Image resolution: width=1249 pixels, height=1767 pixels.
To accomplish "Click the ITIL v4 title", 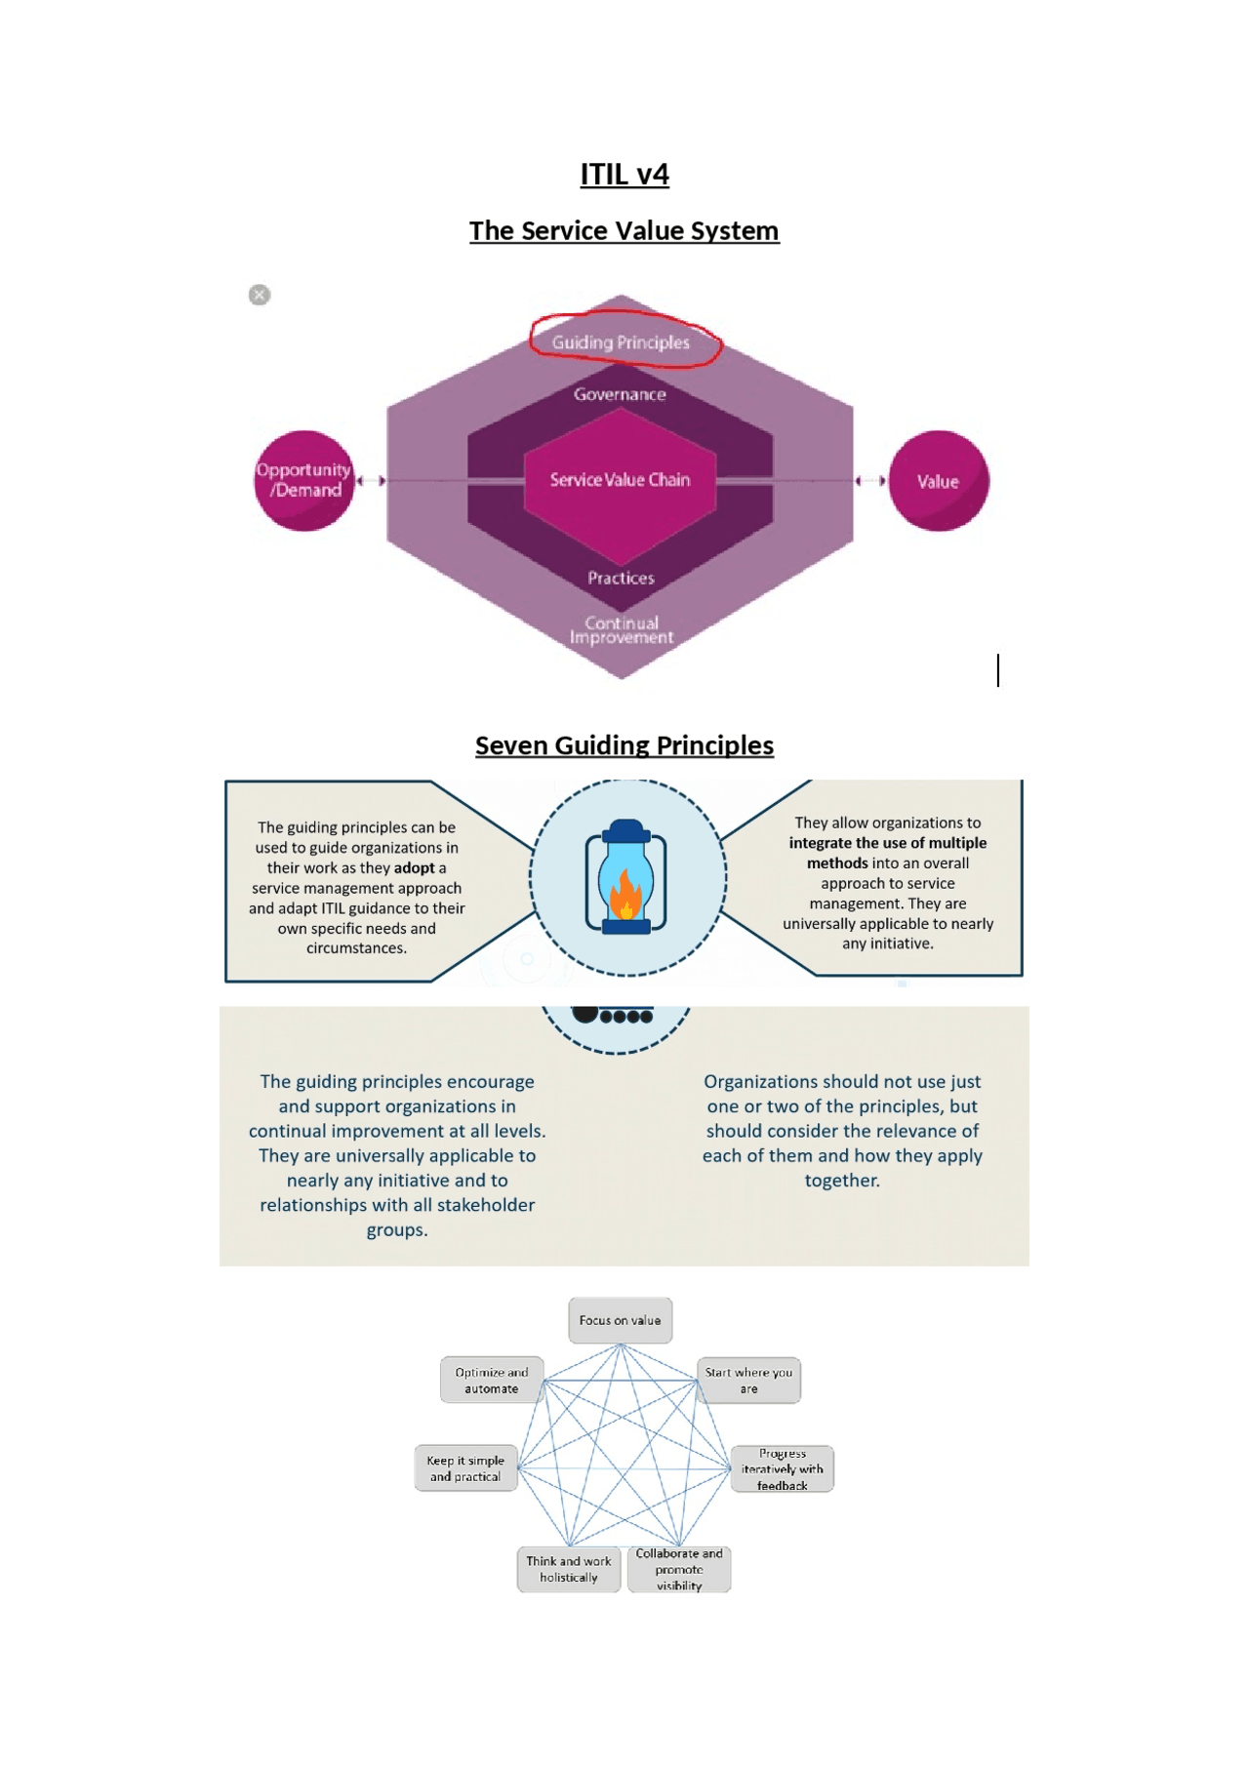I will pos(624,175).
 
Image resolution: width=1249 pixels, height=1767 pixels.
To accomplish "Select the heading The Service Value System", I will pos(624,231).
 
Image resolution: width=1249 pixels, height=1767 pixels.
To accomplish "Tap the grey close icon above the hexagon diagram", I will pos(260,295).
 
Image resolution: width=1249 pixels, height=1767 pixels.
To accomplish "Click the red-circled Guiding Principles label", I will pos(622,342).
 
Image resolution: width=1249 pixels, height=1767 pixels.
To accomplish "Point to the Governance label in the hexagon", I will pos(620,394).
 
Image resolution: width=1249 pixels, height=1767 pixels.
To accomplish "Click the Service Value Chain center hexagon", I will pos(621,480).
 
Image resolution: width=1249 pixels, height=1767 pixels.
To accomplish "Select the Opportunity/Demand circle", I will pos(303,481).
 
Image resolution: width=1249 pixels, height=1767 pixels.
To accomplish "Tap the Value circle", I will pos(939,481).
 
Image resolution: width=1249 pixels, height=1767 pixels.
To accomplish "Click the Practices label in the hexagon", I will pos(621,578).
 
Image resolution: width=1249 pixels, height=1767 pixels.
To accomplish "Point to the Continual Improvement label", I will pos(622,630).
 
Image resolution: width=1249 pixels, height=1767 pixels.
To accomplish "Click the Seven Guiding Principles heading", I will pos(624,745).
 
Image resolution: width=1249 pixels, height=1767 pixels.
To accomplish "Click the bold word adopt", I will pos(415,868).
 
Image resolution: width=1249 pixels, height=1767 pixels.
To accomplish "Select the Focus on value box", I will pos(621,1320).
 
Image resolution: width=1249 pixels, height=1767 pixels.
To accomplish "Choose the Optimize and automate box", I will pos(492,1381).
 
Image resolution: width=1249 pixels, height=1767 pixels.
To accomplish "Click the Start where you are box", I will pos(748,1381).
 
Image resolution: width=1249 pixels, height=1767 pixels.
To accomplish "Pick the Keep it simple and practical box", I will pos(465,1468).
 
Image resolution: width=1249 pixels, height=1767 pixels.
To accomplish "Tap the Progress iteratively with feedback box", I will pos(783,1469).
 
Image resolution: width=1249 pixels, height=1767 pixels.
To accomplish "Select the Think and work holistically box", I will pos(569,1569).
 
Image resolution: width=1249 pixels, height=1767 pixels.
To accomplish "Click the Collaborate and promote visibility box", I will pos(679,1569).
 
